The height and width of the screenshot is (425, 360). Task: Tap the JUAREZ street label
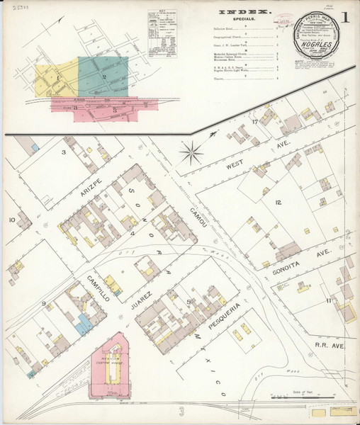141,297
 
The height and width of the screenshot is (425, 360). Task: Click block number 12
279,203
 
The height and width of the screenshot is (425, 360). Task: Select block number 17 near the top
254,123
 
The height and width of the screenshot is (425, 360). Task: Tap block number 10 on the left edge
11,220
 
